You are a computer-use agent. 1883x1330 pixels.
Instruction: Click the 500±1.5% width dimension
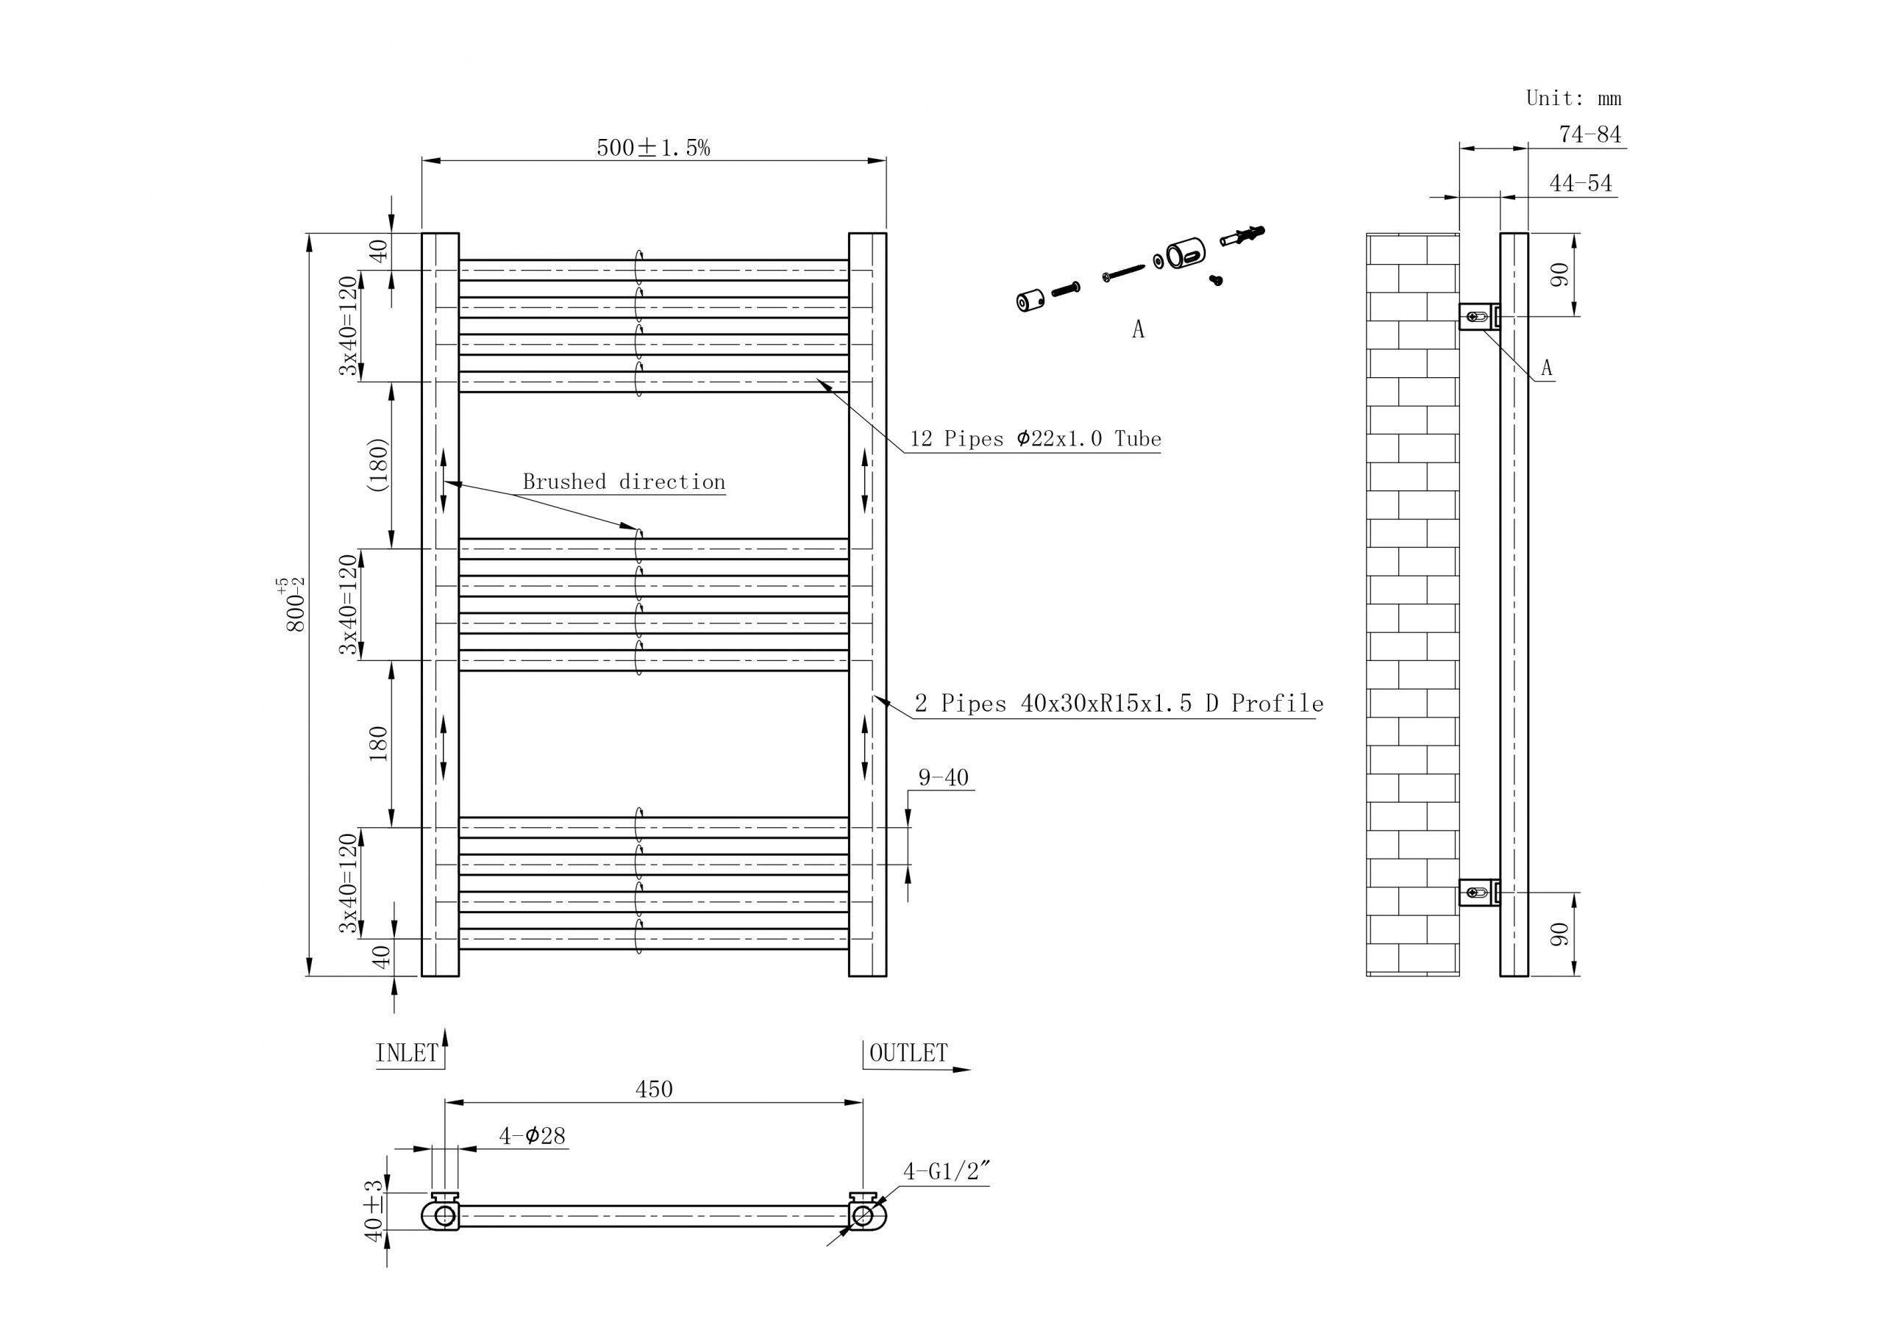tap(653, 148)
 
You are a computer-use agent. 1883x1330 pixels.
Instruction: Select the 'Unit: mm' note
tap(1573, 99)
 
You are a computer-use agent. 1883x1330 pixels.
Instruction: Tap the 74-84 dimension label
tap(1590, 135)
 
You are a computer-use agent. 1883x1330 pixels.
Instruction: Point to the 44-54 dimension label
tap(1579, 184)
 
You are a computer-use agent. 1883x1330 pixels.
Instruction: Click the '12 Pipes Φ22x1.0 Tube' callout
tap(1035, 439)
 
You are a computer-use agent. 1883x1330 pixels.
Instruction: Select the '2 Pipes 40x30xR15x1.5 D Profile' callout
tap(1119, 704)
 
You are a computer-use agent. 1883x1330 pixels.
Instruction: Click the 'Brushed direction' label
tap(624, 482)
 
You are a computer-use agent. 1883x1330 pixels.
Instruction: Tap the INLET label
tap(407, 1054)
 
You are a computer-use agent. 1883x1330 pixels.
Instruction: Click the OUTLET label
tap(908, 1053)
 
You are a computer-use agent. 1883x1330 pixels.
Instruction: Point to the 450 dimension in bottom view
tap(654, 1089)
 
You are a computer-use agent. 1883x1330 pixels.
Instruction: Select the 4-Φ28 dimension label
tap(533, 1136)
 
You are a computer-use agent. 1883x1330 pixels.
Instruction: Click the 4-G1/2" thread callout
tap(946, 1171)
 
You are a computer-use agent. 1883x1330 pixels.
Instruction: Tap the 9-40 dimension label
tap(943, 777)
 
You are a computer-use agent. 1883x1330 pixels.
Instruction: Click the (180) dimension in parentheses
tap(377, 465)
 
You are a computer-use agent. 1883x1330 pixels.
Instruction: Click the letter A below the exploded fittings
tap(1137, 329)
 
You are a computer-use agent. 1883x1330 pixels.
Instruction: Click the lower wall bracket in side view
tap(1478, 891)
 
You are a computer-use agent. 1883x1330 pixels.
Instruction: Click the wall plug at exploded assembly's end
tap(1243, 235)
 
